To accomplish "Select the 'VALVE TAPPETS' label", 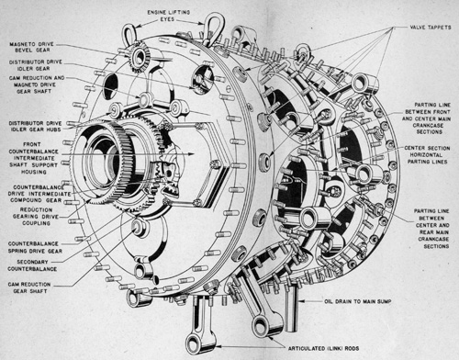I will click(x=427, y=28).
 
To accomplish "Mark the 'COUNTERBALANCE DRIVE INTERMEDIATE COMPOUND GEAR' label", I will click(x=36, y=194).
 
